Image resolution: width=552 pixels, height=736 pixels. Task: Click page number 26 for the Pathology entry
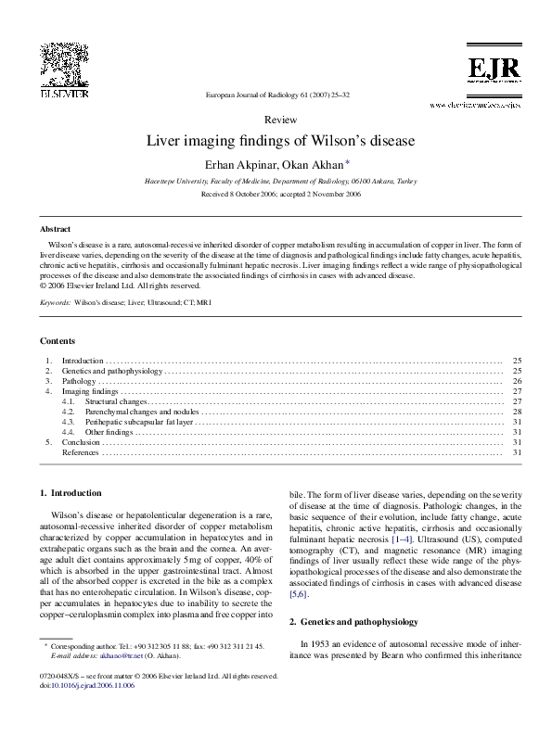pyautogui.click(x=517, y=381)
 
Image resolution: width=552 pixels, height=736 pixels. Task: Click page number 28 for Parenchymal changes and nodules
pyautogui.click(x=517, y=412)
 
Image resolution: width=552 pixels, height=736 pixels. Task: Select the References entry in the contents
pyautogui.click(x=80, y=452)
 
